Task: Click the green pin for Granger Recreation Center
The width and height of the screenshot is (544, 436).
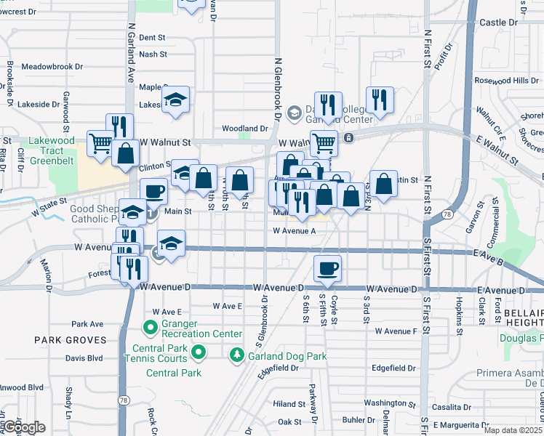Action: (151, 328)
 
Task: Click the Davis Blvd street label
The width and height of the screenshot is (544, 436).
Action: (84, 358)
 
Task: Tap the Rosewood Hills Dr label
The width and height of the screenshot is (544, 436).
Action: (506, 81)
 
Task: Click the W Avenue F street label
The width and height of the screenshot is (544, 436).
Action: (396, 331)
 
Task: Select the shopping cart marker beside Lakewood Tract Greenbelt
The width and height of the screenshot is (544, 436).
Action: (100, 142)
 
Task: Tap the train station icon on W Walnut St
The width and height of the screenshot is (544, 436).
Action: (348, 137)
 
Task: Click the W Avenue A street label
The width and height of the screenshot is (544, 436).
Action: (294, 231)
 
